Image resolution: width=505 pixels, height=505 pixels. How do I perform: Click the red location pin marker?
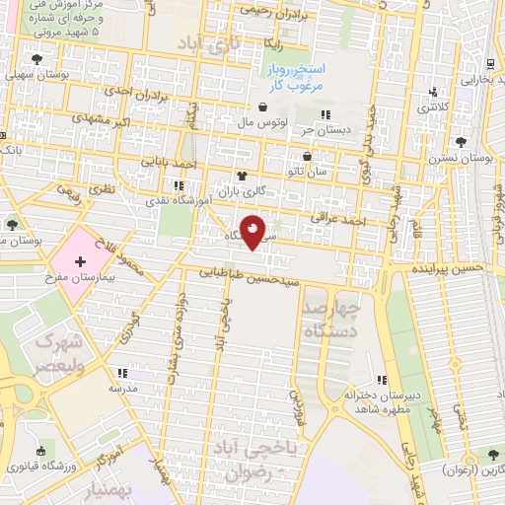253,233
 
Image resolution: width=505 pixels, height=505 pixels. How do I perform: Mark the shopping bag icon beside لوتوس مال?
262,108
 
